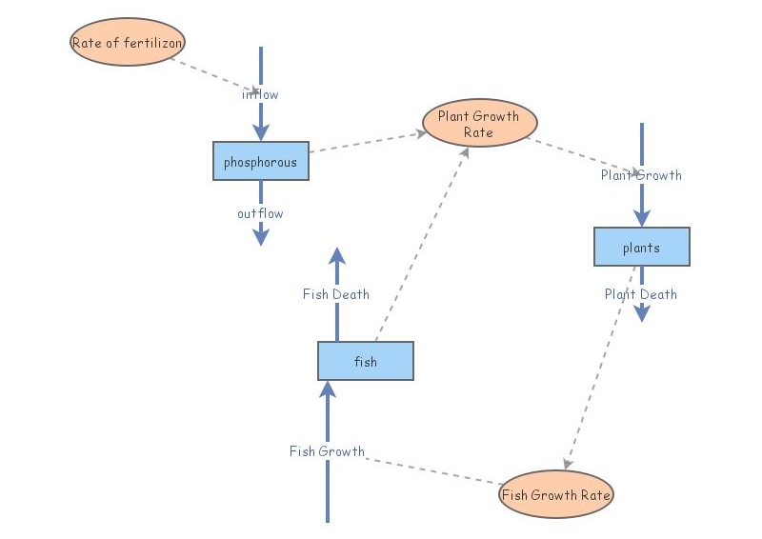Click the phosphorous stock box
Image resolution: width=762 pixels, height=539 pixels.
pos(260,162)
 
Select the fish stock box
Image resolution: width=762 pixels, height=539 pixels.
pos(365,362)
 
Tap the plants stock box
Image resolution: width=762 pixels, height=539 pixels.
pos(641,248)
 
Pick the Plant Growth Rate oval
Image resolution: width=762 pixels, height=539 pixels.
pos(479,124)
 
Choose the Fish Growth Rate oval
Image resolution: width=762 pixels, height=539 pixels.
pos(556,495)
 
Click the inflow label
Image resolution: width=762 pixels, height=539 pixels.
pos(260,94)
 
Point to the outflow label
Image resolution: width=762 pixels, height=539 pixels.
pos(260,213)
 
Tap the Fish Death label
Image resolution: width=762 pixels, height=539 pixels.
pos(336,294)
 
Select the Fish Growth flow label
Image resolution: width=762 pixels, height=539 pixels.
pos(327,451)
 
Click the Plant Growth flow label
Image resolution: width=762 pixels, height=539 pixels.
pos(641,175)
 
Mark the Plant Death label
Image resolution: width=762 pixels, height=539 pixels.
pos(641,294)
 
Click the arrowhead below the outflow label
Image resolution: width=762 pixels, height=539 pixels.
pos(260,237)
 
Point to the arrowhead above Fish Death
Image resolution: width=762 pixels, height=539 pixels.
pos(336,255)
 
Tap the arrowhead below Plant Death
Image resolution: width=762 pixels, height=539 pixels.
pos(641,313)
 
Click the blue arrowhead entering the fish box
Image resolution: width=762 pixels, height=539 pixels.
pos(327,389)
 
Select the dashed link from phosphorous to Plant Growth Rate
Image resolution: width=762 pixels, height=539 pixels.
pos(367,143)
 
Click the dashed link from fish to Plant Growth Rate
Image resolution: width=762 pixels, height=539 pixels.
pos(419,248)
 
